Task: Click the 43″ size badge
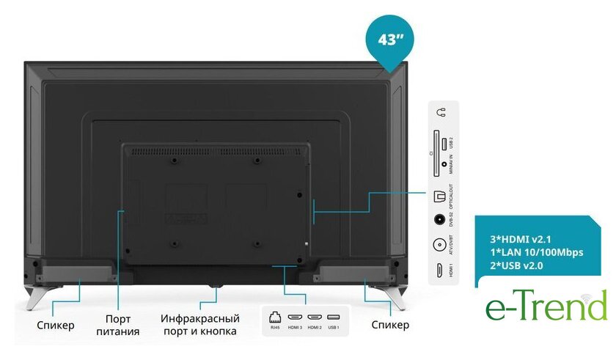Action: point(392,39)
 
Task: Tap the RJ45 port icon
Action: point(275,317)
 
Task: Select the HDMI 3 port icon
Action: point(295,317)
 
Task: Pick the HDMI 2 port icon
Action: point(315,317)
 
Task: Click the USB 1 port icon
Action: point(334,317)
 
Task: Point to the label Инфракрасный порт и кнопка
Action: point(199,325)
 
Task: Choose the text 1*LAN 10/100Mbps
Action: point(535,252)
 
